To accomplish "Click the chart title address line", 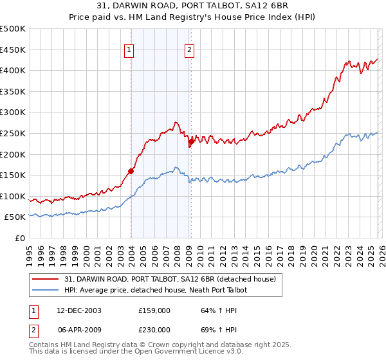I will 193,6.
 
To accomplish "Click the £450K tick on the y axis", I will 13,50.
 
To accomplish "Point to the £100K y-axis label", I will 13,197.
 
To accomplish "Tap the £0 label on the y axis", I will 19,239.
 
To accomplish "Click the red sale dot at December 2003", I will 131,171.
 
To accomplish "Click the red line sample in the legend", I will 46,279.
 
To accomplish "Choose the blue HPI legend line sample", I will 46,290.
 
